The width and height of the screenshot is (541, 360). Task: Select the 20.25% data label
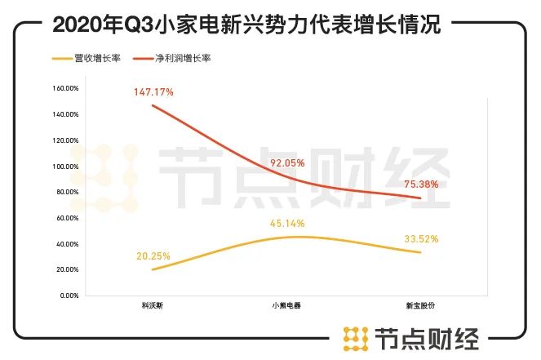click(x=153, y=256)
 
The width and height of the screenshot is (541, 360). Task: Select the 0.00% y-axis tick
click(x=69, y=295)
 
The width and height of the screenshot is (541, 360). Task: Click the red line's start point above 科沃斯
click(x=153, y=106)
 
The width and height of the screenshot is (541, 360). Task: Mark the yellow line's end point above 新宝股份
click(x=420, y=252)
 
